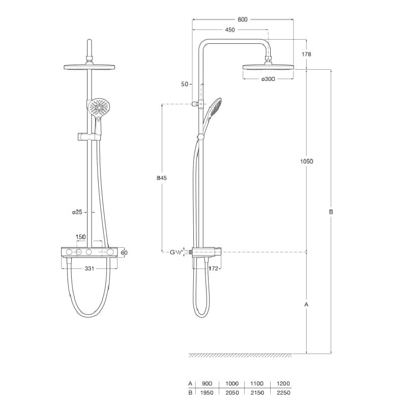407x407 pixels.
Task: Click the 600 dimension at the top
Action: (x=242, y=19)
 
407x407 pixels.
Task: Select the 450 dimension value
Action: (x=230, y=30)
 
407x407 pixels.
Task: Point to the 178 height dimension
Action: (x=306, y=54)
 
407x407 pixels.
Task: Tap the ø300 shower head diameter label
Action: (x=268, y=79)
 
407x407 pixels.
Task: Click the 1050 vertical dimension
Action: (x=306, y=161)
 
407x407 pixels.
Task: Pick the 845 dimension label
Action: (x=162, y=178)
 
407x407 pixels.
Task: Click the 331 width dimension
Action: (x=89, y=268)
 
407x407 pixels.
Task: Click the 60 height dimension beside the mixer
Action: (x=124, y=252)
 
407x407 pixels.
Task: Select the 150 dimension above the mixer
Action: (x=80, y=237)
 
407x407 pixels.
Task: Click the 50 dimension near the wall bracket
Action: (x=185, y=84)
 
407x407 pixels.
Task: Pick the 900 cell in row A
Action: (x=207, y=384)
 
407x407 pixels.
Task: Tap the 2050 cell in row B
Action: (x=232, y=393)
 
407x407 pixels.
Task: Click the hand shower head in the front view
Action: (x=99, y=107)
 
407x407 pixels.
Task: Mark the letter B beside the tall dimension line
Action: (x=331, y=212)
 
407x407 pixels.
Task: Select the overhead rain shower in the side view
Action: (x=268, y=67)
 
